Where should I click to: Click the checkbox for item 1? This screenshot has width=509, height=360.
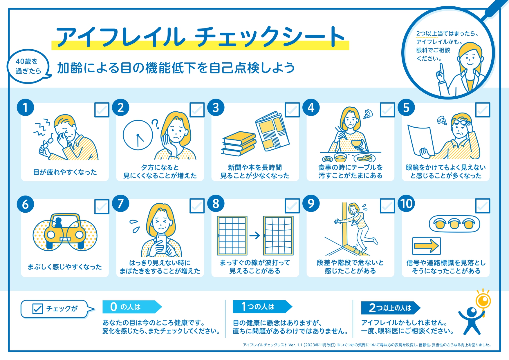(x=102, y=110)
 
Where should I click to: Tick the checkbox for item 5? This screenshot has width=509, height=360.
(x=483, y=110)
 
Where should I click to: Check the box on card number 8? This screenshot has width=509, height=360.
(x=292, y=206)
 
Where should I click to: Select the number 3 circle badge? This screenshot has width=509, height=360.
(x=216, y=108)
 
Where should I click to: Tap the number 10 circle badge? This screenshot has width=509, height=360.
(x=406, y=203)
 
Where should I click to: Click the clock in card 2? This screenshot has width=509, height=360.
(x=138, y=135)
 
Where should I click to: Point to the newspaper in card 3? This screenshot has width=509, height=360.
(x=272, y=131)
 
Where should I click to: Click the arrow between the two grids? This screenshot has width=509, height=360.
(x=255, y=235)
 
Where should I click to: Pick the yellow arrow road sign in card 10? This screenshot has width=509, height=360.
(x=426, y=246)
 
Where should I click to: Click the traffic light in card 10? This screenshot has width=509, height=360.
(x=454, y=224)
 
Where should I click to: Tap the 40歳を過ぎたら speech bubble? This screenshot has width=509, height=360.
(x=28, y=66)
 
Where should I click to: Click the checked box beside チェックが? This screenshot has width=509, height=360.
(x=37, y=309)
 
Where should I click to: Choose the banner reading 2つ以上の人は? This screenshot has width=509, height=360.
(x=391, y=308)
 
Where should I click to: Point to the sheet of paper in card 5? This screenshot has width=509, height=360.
(x=421, y=141)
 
